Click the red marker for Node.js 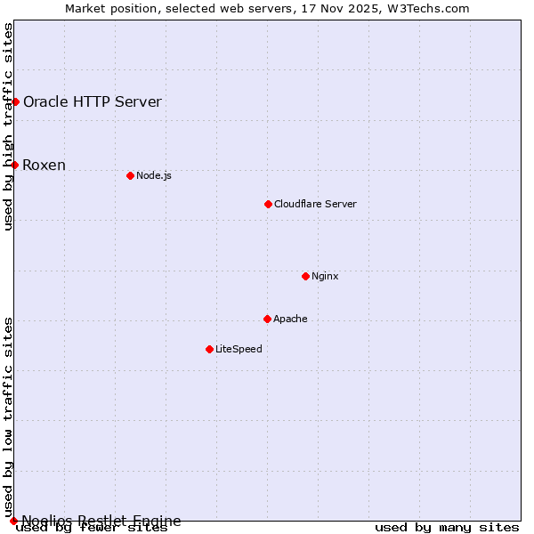click(130, 175)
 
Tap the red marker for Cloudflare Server click(268, 204)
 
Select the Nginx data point click(305, 276)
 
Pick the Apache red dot click(267, 319)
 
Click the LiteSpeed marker click(209, 349)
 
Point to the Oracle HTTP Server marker click(15, 101)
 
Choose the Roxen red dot click(14, 165)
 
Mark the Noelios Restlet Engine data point click(13, 521)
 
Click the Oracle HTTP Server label click(93, 101)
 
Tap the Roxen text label click(44, 165)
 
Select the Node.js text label click(154, 175)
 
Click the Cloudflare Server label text click(315, 204)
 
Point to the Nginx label click(325, 276)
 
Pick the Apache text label click(290, 319)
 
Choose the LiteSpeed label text click(239, 349)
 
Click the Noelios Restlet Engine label click(101, 521)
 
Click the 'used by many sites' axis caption click(447, 527)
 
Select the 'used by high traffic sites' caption click(8, 127)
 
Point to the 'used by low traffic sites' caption click(8, 417)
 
